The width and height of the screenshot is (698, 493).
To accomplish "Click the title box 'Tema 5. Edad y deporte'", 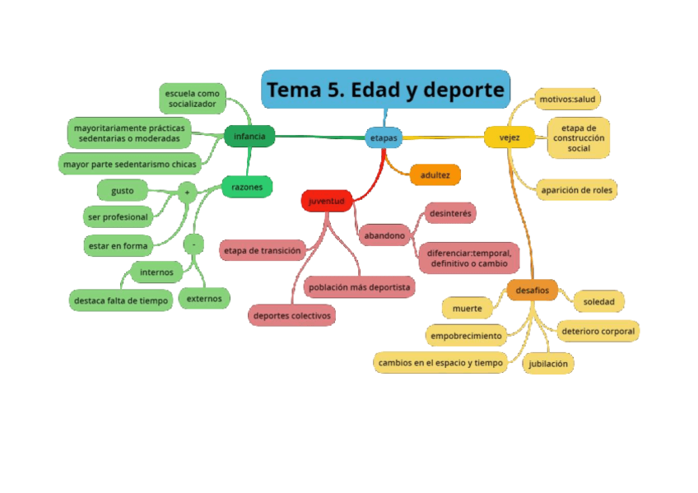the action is (x=385, y=90).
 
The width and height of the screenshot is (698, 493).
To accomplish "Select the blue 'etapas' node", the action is (x=384, y=137).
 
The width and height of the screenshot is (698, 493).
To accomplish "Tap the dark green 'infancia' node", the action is (x=249, y=137).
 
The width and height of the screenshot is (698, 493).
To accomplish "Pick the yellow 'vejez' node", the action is (x=510, y=137).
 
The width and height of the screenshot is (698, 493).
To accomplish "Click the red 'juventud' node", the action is (x=327, y=201).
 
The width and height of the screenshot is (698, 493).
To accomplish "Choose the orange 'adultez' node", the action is (x=435, y=174).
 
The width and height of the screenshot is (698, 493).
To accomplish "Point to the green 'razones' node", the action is (x=247, y=187).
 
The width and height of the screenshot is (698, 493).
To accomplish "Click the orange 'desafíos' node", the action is (x=533, y=290).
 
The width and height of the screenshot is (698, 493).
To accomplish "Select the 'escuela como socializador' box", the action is (x=193, y=99).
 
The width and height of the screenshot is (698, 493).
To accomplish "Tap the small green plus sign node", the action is (x=187, y=193).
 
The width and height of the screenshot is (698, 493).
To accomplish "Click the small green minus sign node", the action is (x=193, y=244).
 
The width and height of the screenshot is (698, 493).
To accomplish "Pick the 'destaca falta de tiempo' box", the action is (x=121, y=300).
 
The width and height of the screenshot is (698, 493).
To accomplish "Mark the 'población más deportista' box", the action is (x=359, y=287).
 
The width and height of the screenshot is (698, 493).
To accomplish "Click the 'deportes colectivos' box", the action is (x=292, y=315).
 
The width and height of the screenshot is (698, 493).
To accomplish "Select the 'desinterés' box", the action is (x=451, y=213).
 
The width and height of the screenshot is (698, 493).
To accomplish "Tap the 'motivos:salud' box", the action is (x=567, y=100).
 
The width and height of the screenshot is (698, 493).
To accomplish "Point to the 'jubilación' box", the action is (x=548, y=363).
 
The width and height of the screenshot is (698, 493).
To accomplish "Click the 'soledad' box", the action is (x=598, y=301).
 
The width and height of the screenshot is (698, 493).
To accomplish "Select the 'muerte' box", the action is (x=467, y=309).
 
